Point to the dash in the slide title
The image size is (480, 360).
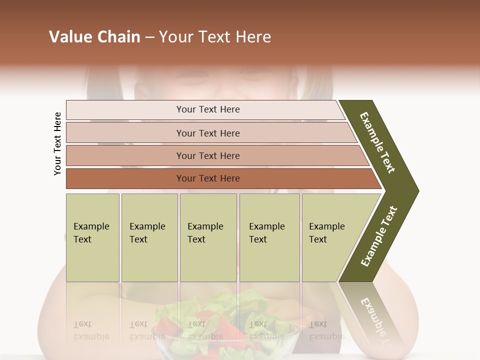[x=149, y=37]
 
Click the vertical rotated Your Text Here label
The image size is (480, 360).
[x=57, y=143]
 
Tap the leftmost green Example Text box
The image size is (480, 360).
[x=92, y=237]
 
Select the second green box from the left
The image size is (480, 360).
[x=149, y=237]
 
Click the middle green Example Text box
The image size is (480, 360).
[x=208, y=237]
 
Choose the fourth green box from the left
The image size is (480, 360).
[x=269, y=237]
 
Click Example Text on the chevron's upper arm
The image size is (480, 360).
[x=377, y=142]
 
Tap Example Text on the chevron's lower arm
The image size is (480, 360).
[x=379, y=236]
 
